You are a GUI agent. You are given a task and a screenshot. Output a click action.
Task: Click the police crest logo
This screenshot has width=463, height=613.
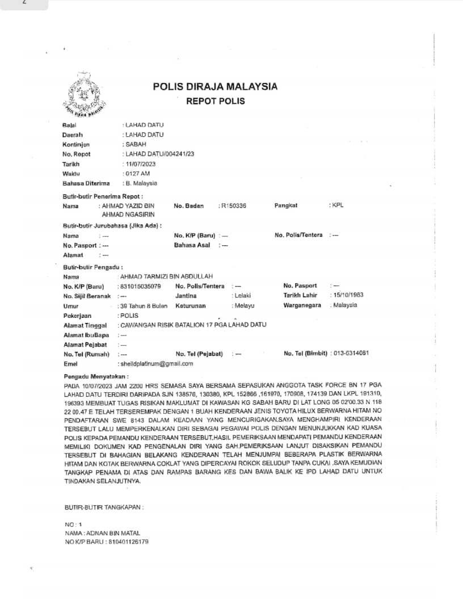pyautogui.click(x=83, y=95)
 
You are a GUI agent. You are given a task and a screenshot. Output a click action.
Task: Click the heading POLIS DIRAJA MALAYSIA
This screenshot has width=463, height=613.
pyautogui.click(x=215, y=87)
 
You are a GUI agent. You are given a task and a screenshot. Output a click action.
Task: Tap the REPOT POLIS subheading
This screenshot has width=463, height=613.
pyautogui.click(x=216, y=102)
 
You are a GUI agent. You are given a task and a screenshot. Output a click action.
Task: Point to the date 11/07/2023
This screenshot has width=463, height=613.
pyautogui.click(x=139, y=163)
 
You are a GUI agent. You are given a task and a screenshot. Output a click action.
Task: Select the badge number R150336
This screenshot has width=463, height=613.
pyautogui.click(x=233, y=205)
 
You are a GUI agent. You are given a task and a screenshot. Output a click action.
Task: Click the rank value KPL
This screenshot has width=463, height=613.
pyautogui.click(x=337, y=205)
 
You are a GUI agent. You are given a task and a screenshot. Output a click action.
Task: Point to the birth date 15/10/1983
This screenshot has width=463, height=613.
pyautogui.click(x=347, y=296)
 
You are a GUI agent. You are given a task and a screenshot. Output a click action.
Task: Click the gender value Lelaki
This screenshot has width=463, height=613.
pyautogui.click(x=242, y=296)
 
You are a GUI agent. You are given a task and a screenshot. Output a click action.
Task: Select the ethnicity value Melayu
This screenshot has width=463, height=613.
pyautogui.click(x=244, y=305)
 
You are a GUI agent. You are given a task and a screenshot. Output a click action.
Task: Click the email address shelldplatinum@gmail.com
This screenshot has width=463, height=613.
pyautogui.click(x=156, y=363)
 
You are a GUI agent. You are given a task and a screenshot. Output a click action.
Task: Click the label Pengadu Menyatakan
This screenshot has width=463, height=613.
pyautogui.click(x=96, y=376)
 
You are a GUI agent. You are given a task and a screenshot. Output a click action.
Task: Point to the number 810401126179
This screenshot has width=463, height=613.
pyautogui.click(x=128, y=542)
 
